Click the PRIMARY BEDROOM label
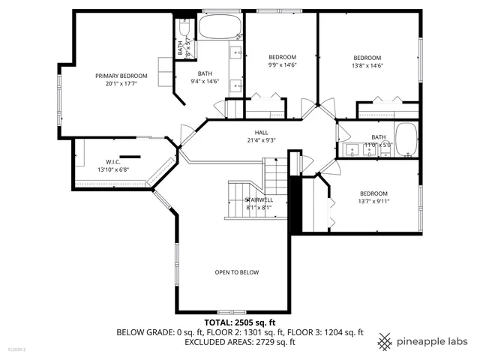(x=121, y=76)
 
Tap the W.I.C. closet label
(x=113, y=161)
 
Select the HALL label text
(x=261, y=132)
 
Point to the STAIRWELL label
(x=259, y=199)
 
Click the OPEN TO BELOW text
(x=236, y=272)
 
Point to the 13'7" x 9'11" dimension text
(x=373, y=201)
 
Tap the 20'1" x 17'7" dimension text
(x=121, y=84)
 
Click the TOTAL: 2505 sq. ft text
(x=239, y=322)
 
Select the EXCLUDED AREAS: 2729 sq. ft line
(x=239, y=342)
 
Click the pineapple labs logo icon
(x=385, y=340)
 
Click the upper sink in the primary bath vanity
(x=235, y=53)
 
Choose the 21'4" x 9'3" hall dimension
(x=261, y=140)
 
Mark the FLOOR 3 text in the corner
(x=16, y=349)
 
